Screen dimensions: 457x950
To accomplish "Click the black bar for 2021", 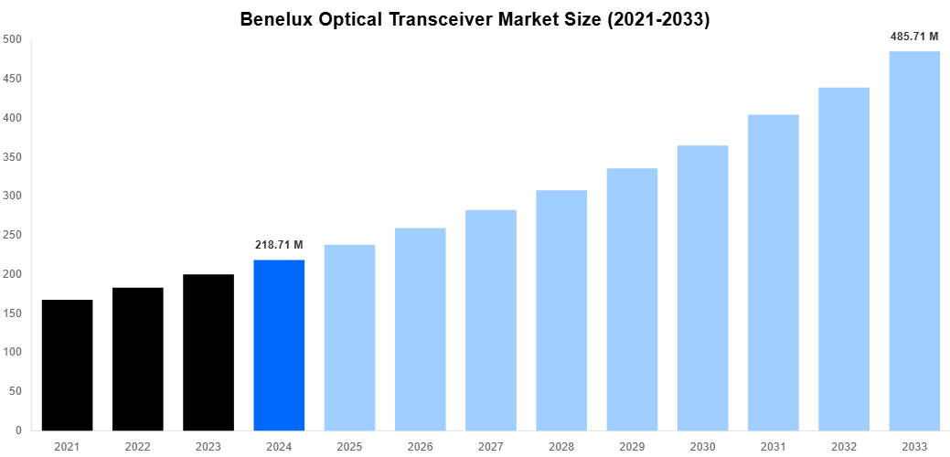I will tap(67, 365).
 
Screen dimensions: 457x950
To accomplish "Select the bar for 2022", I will tap(138, 359).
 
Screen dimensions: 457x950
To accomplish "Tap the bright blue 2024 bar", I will tap(279, 345).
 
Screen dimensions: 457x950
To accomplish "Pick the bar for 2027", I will tap(491, 320).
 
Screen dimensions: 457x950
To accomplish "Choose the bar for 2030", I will tap(702, 288).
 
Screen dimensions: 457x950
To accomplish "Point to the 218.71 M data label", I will tap(279, 245).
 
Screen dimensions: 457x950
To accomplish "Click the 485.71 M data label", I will tap(914, 37).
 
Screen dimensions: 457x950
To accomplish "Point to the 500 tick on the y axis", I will tap(13, 39).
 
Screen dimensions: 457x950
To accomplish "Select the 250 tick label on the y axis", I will tap(13, 235).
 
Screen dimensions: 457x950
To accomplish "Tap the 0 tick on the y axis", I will tap(18, 430).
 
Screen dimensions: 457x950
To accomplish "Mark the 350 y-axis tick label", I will tap(13, 157).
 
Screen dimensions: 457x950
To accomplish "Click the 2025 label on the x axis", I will tap(349, 446).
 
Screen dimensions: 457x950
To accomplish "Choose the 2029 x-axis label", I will tap(632, 446).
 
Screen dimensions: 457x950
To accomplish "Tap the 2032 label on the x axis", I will tap(844, 446).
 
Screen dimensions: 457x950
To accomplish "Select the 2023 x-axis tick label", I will tap(208, 446).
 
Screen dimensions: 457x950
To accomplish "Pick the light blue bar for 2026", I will tap(421, 329).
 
